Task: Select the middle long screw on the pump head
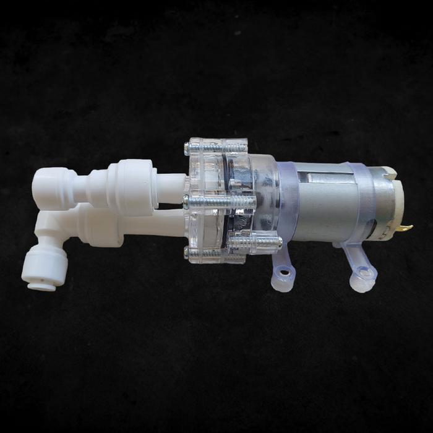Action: tap(220, 201)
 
